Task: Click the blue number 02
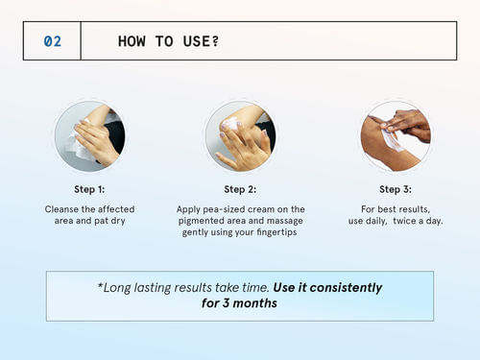[53, 41]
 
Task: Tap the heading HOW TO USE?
[168, 41]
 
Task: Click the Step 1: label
[89, 189]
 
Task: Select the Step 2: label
[240, 189]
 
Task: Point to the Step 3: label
[396, 189]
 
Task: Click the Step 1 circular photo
[90, 136]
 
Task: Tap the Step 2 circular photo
[240, 136]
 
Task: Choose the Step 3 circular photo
[396, 136]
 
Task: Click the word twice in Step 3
[405, 221]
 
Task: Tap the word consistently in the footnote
[346, 288]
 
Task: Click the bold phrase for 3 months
[239, 303]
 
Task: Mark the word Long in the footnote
[117, 288]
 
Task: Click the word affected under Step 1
[115, 209]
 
